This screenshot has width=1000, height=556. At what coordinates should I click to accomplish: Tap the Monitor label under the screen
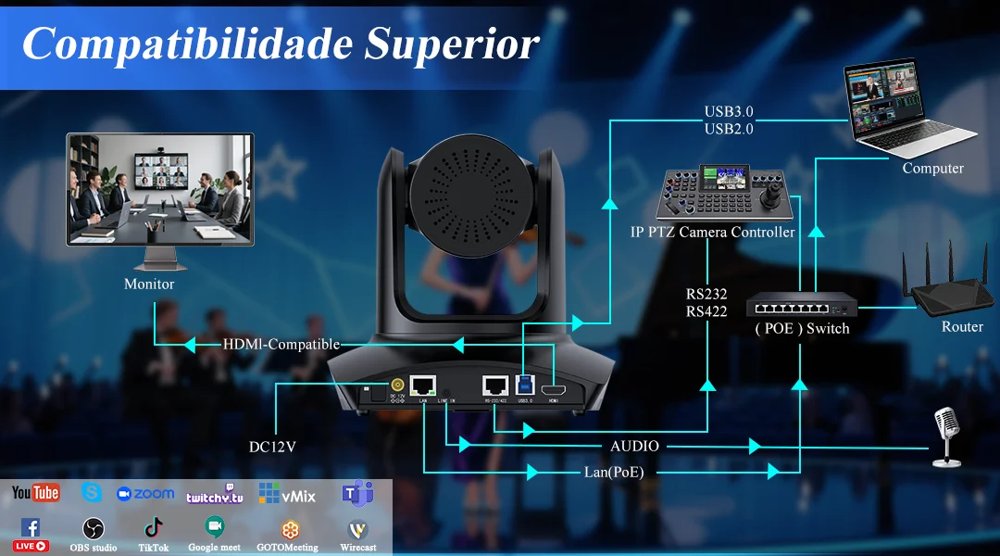(x=149, y=284)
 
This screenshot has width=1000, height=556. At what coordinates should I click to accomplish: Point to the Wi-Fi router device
(x=954, y=283)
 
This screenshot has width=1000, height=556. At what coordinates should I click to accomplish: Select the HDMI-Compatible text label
(x=281, y=345)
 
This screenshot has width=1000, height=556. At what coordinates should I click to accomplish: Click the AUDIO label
(x=635, y=447)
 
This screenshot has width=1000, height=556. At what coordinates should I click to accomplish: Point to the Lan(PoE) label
(x=614, y=472)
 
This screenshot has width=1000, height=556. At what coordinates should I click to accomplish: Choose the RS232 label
(x=706, y=294)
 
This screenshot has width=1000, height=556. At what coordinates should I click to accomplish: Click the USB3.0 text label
(x=728, y=113)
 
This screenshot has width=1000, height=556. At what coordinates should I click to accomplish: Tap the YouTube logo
(x=36, y=493)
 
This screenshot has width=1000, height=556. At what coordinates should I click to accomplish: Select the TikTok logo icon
(x=153, y=528)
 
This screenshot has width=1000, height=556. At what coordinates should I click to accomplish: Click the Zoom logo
(x=145, y=494)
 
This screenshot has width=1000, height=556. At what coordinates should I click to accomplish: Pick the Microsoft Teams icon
(x=357, y=493)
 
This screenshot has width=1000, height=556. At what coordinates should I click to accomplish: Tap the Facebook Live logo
(x=31, y=535)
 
